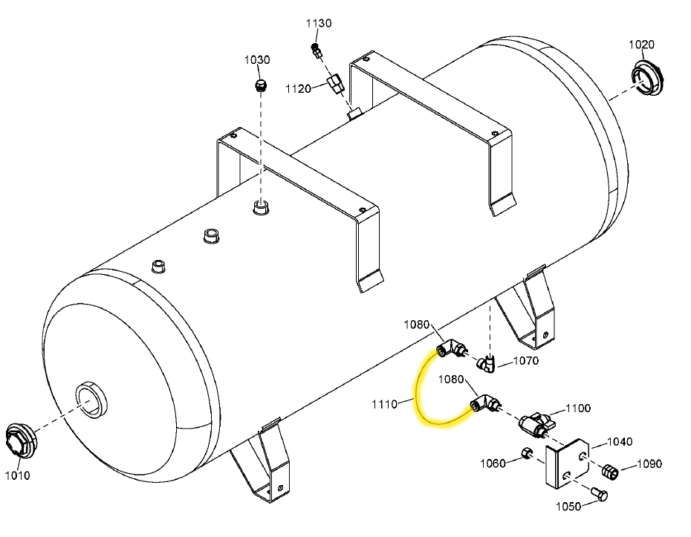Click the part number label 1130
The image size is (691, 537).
click(319, 24)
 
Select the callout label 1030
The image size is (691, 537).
click(258, 60)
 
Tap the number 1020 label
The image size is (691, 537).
click(641, 45)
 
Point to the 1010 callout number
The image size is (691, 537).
click(16, 475)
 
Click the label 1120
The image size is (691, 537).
click(298, 89)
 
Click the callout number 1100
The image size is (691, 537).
click(578, 408)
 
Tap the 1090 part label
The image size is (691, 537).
click(648, 465)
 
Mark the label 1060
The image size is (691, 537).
click(492, 463)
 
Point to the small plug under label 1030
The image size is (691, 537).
click(259, 85)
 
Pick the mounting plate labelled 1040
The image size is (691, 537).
click(568, 466)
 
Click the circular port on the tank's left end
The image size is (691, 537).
click(91, 402)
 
